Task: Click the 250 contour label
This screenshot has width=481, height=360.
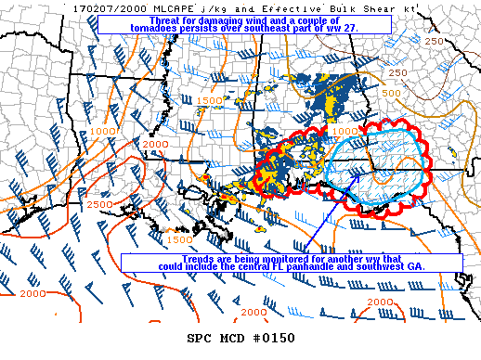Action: pos(396,72)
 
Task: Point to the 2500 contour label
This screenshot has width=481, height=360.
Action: pos(99,204)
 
